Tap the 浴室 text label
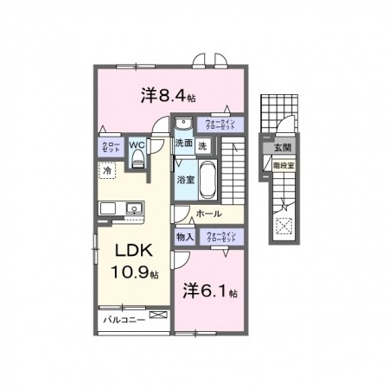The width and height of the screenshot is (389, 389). pyautogui.click(x=186, y=180)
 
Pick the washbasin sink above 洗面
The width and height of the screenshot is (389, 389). pyautogui.click(x=182, y=124)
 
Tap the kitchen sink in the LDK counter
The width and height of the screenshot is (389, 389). pyautogui.click(x=134, y=208)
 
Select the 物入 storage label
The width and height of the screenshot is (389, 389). pyautogui.click(x=184, y=236)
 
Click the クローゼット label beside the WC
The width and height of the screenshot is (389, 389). pyautogui.click(x=111, y=147)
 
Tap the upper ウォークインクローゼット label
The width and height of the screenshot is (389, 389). pyautogui.click(x=215, y=124)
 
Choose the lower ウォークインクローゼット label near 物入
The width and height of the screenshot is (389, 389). pyautogui.click(x=220, y=236)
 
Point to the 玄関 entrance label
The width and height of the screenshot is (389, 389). pyautogui.click(x=283, y=150)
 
